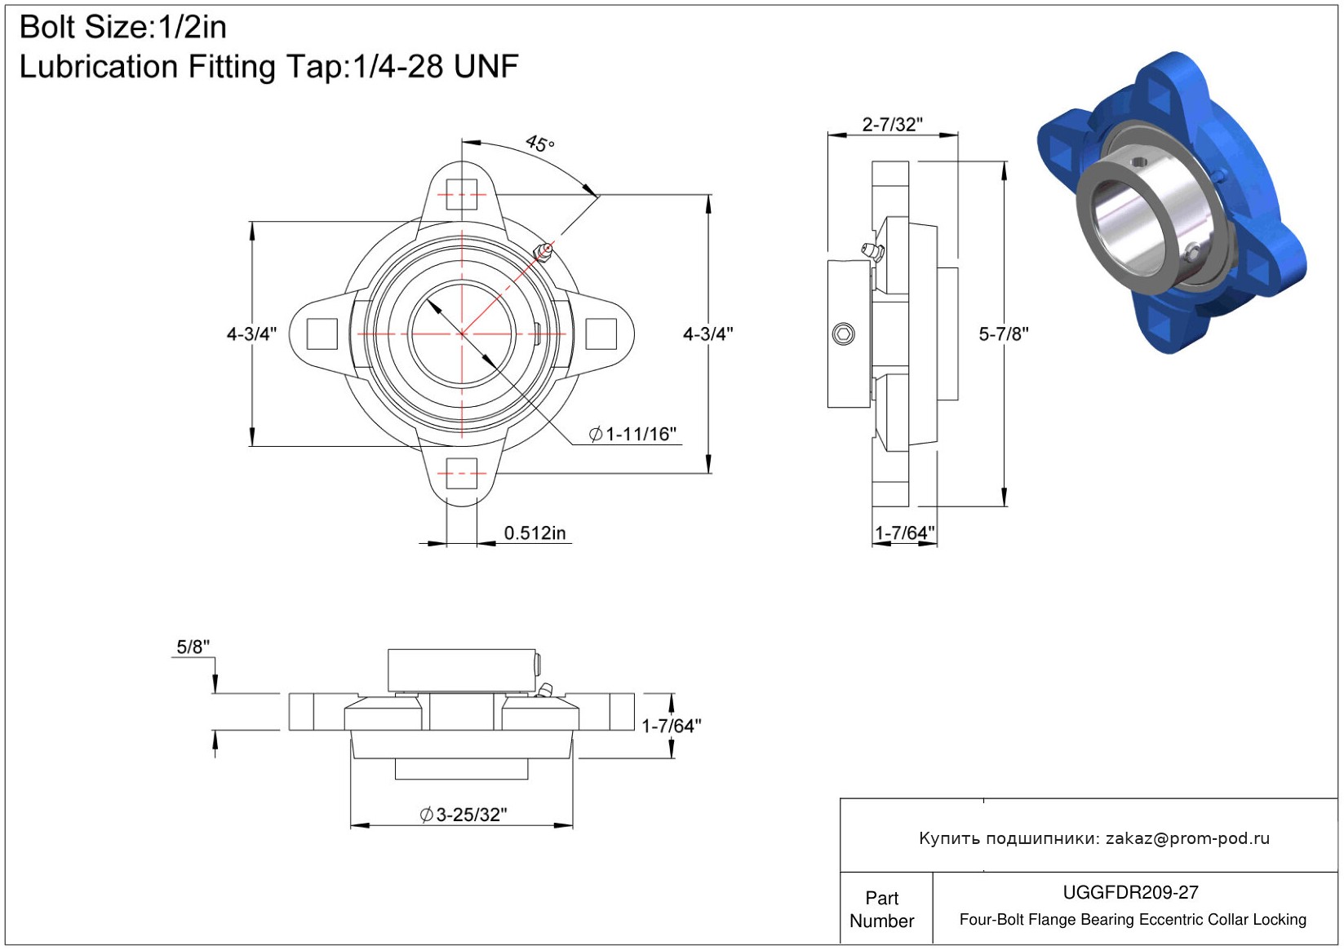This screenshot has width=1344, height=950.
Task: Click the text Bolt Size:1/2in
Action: [x=123, y=28]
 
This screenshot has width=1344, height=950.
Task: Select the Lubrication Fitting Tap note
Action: [x=268, y=67]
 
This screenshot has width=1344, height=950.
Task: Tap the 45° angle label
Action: [x=540, y=144]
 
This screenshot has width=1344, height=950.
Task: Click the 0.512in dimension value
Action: [x=534, y=532]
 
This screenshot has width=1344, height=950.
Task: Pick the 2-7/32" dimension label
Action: [x=892, y=124]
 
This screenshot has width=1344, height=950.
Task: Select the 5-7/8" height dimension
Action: [x=1004, y=334]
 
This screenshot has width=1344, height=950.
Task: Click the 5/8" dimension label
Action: [x=193, y=647]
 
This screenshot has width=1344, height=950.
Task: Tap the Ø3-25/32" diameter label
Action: [x=464, y=815]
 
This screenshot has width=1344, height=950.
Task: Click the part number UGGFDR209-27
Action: [x=1131, y=892]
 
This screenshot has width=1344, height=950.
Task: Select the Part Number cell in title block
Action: [x=882, y=909]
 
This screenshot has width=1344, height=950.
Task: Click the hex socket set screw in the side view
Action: [x=844, y=334]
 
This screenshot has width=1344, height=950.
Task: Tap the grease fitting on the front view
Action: [x=543, y=252]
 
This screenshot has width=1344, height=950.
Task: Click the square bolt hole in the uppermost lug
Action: [x=462, y=194]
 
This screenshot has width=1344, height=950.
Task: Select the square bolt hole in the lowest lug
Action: [x=462, y=474]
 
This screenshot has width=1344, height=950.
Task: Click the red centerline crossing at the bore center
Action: [x=462, y=334]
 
